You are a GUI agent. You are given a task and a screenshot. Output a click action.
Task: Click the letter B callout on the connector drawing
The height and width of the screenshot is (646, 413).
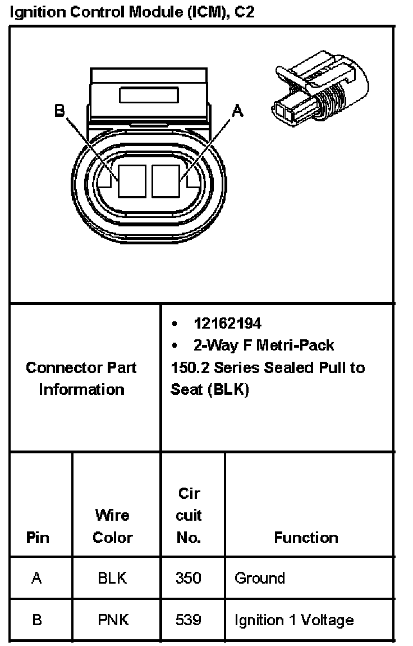pyautogui.click(x=59, y=111)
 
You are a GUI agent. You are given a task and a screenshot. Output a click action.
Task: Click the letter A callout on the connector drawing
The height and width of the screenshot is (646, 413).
pyautogui.click(x=238, y=111)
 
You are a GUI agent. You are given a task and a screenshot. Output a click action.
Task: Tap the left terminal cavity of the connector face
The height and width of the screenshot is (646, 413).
pyautogui.click(x=132, y=181)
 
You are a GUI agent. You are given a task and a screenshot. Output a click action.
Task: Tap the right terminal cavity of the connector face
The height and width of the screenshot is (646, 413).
pyautogui.click(x=166, y=181)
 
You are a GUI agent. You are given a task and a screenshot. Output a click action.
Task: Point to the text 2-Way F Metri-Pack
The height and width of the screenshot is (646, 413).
pyautogui.click(x=263, y=345)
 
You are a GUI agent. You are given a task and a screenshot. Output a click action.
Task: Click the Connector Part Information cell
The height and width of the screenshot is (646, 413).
pyautogui.click(x=82, y=378)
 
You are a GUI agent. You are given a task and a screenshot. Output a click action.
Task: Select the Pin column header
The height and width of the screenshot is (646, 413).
pyautogui.click(x=38, y=538)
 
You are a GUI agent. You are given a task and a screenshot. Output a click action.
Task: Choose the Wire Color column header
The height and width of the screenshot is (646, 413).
pyautogui.click(x=112, y=526)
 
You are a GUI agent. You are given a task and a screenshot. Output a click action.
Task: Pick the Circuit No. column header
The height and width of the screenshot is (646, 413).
pyautogui.click(x=189, y=516)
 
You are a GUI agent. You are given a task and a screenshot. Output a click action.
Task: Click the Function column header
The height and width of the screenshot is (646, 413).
pyautogui.click(x=306, y=538)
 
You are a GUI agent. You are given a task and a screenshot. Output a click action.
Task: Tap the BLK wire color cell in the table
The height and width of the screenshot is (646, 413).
pyautogui.click(x=112, y=578)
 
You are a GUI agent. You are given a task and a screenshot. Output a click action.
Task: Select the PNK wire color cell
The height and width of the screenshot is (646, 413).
pyautogui.click(x=112, y=620)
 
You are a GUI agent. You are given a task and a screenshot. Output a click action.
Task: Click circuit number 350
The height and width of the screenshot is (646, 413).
pyautogui.click(x=189, y=578)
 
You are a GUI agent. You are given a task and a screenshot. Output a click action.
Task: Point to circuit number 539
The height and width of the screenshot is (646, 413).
pyautogui.click(x=189, y=620)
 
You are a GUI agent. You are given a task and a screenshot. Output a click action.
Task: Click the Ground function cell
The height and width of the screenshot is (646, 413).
pyautogui.click(x=259, y=578)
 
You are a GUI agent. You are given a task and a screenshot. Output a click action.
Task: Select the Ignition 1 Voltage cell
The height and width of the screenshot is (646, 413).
pyautogui.click(x=294, y=620)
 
